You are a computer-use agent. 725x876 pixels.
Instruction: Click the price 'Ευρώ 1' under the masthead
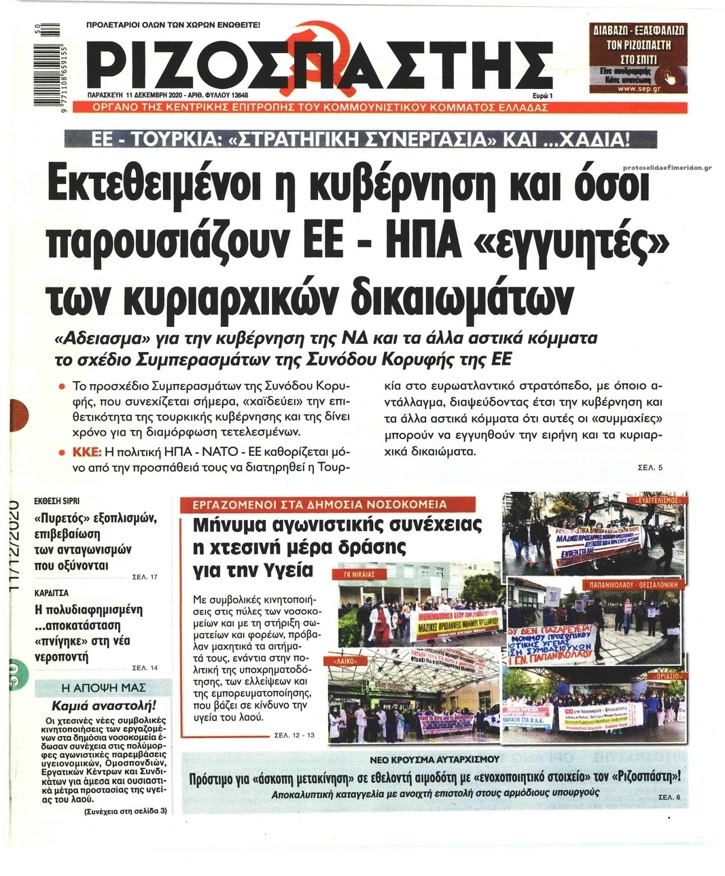tap(542, 96)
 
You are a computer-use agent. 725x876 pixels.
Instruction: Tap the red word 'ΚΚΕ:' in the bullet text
tap(87, 452)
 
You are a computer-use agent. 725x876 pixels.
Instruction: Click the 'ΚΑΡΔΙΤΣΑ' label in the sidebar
tap(52, 593)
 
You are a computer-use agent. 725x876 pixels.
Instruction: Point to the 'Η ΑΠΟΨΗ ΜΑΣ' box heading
tap(103, 687)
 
